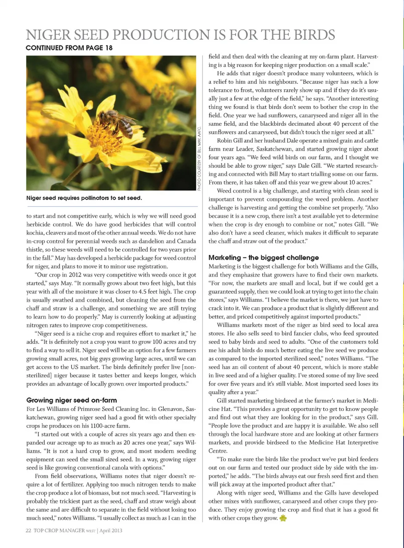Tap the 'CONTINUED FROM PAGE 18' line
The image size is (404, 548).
click(69, 48)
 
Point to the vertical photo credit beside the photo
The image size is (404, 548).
click(199, 158)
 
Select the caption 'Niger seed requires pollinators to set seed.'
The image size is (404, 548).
click(84, 198)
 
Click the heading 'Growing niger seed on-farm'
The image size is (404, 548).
click(72, 400)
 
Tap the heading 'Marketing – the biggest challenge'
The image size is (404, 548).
click(263, 258)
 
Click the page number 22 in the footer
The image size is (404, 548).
click(28, 530)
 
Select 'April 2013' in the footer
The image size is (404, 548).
click(111, 530)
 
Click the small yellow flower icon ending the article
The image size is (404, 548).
click(283, 518)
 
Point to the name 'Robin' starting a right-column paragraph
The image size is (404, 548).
click(226, 141)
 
